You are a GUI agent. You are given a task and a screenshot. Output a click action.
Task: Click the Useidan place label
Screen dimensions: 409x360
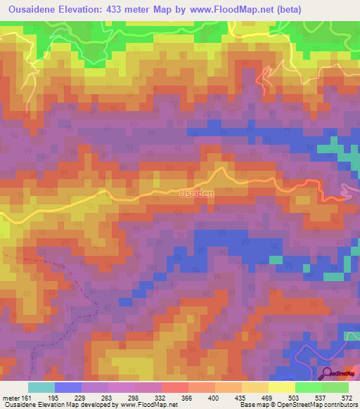click(196, 192)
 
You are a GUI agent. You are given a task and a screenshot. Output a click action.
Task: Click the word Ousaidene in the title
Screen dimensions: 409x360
click(34, 9)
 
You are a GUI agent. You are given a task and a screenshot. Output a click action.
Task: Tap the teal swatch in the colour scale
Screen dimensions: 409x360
click(41, 388)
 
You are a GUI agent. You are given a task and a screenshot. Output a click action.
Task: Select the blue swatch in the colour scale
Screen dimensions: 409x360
click(67, 388)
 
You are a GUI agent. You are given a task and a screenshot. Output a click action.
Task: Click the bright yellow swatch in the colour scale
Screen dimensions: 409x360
click(281, 388)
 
